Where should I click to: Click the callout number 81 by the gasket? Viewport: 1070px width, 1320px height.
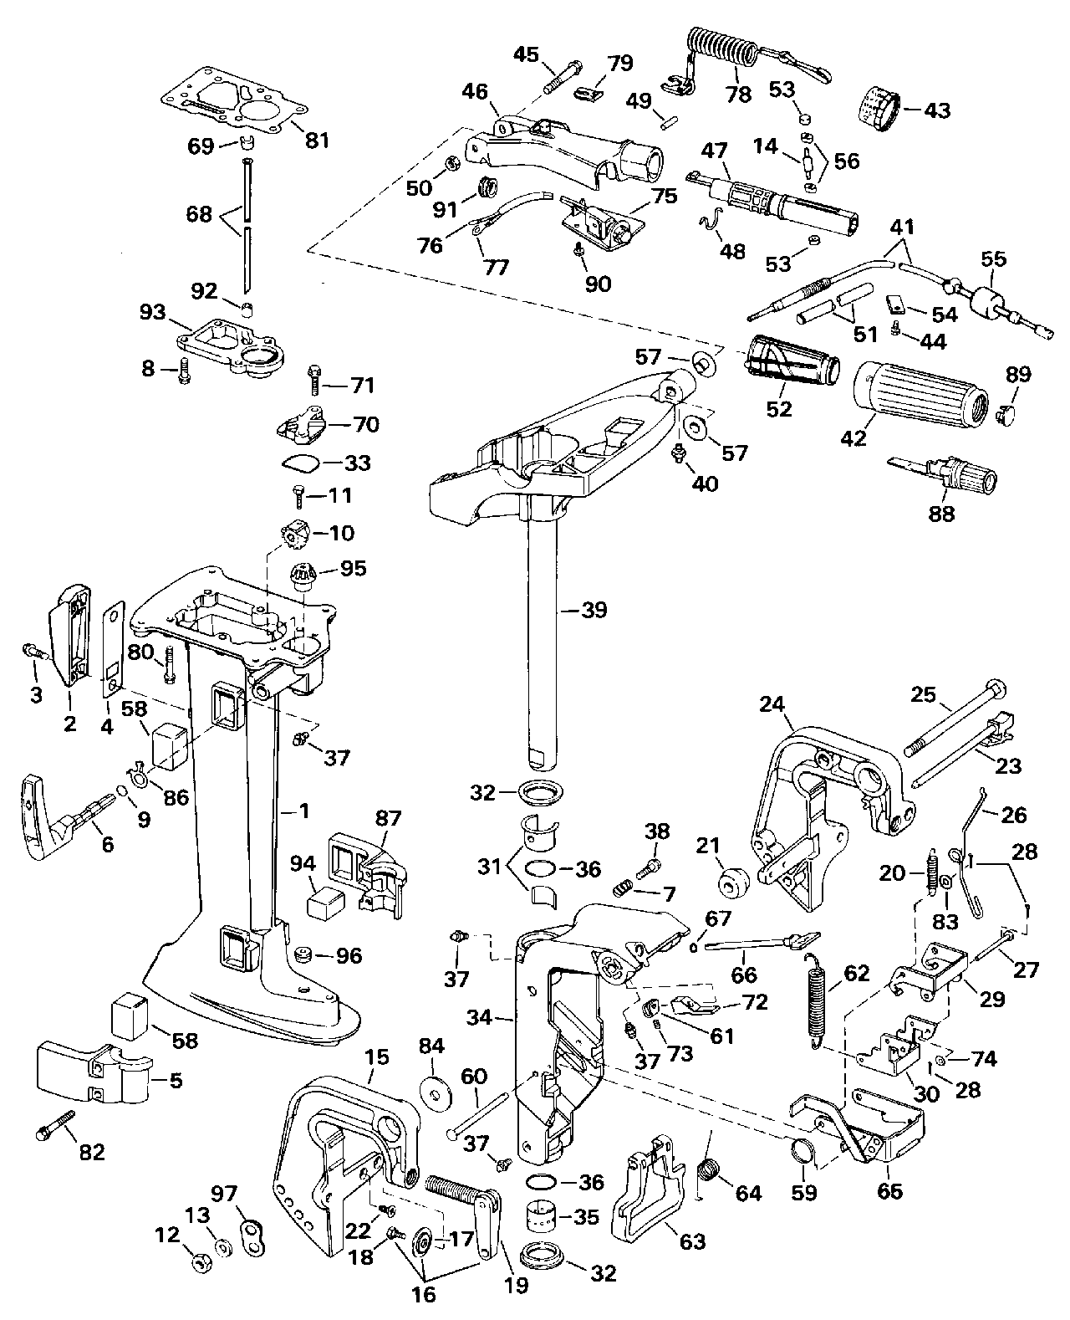point(318,140)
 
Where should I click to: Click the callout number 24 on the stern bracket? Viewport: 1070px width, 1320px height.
point(773,704)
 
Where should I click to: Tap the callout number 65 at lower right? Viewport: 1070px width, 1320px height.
point(889,1190)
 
